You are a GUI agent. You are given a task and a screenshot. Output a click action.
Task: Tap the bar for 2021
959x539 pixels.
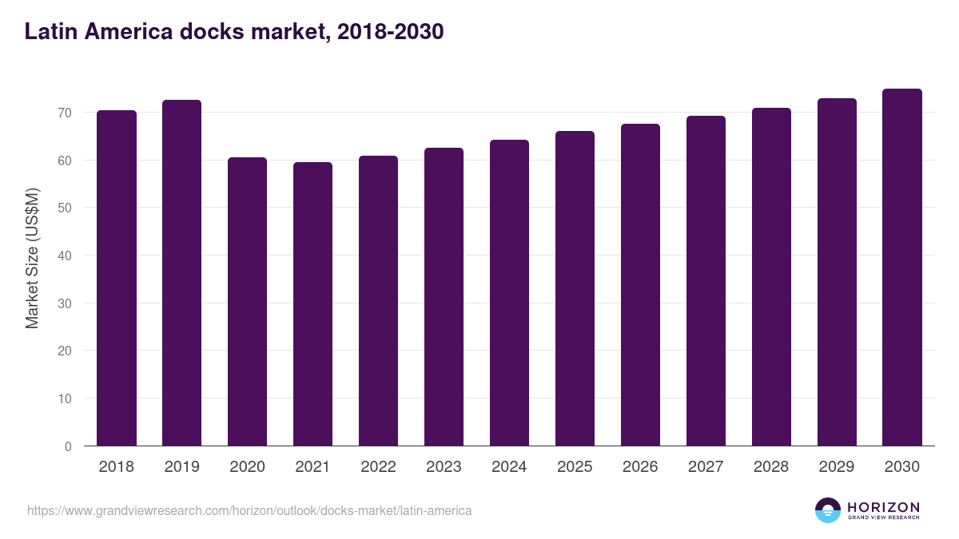click(312, 304)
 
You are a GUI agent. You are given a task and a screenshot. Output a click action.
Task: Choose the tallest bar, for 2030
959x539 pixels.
click(902, 268)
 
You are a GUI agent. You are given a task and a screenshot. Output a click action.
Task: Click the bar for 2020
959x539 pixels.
click(247, 302)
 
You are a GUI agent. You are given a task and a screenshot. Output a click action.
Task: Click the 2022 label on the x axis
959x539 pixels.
click(378, 467)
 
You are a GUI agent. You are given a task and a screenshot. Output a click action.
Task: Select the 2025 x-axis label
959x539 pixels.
click(575, 467)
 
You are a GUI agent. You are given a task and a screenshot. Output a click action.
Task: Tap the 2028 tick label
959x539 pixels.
click(771, 467)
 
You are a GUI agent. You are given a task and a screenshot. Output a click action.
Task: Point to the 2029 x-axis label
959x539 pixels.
click(837, 467)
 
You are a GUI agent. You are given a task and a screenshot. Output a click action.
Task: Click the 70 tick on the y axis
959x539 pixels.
click(65, 113)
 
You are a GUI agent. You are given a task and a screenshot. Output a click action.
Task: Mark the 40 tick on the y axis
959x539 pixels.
click(65, 256)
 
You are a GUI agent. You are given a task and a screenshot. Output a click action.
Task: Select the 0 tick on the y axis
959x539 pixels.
click(68, 446)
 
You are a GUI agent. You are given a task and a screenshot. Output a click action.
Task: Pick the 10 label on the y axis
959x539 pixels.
click(65, 398)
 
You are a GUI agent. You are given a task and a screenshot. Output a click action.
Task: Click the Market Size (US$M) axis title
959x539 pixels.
click(32, 258)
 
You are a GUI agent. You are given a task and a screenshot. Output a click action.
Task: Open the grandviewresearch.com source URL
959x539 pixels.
click(249, 510)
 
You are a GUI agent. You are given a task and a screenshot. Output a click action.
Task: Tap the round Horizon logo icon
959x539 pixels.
click(827, 510)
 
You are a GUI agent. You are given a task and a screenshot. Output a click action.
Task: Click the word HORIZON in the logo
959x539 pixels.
click(883, 507)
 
